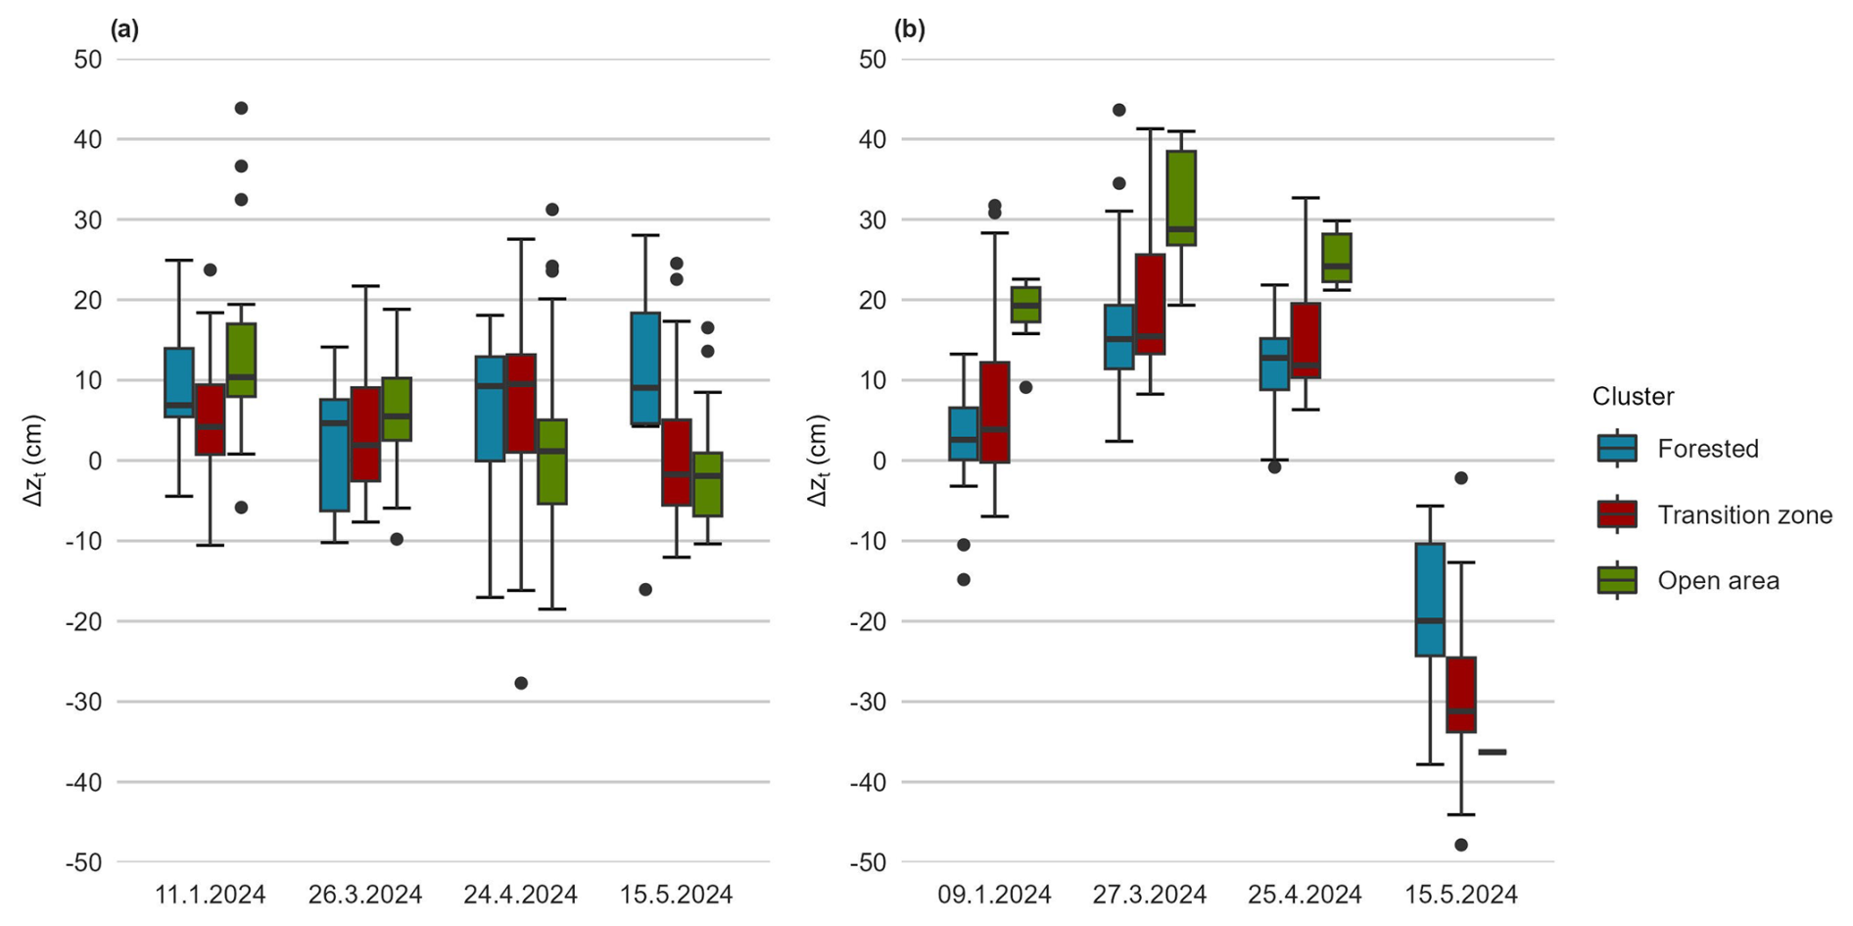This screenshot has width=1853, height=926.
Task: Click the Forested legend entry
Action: point(1707,449)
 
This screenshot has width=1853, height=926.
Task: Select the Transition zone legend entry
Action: point(1743,514)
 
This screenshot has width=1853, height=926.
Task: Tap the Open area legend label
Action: point(1718,580)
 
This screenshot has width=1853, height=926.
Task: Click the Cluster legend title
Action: point(1633,396)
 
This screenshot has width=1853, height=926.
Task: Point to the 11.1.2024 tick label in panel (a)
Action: point(211,895)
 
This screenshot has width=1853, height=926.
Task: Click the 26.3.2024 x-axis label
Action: point(365,895)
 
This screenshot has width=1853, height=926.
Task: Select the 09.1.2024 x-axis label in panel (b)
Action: point(994,895)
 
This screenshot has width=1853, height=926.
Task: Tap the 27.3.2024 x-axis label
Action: point(1150,895)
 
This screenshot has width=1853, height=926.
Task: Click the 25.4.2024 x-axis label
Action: point(1305,895)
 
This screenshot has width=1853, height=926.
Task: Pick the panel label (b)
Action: point(910,29)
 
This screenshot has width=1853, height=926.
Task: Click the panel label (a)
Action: point(125,29)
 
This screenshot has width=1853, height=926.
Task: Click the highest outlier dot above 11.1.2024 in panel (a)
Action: point(241,108)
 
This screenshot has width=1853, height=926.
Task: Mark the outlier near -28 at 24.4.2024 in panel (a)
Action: point(521,683)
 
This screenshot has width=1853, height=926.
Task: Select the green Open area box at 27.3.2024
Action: point(1181,198)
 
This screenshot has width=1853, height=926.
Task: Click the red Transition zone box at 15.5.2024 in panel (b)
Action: point(1461,695)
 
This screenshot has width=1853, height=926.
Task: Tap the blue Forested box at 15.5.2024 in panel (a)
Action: point(645,368)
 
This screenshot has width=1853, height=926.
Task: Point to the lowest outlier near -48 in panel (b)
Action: point(1461,845)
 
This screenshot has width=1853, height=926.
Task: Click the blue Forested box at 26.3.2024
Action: point(335,455)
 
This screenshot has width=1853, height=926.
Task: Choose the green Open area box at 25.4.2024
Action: point(1337,258)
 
